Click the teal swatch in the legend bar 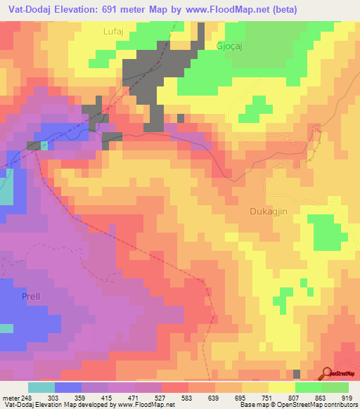coord(41,387)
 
